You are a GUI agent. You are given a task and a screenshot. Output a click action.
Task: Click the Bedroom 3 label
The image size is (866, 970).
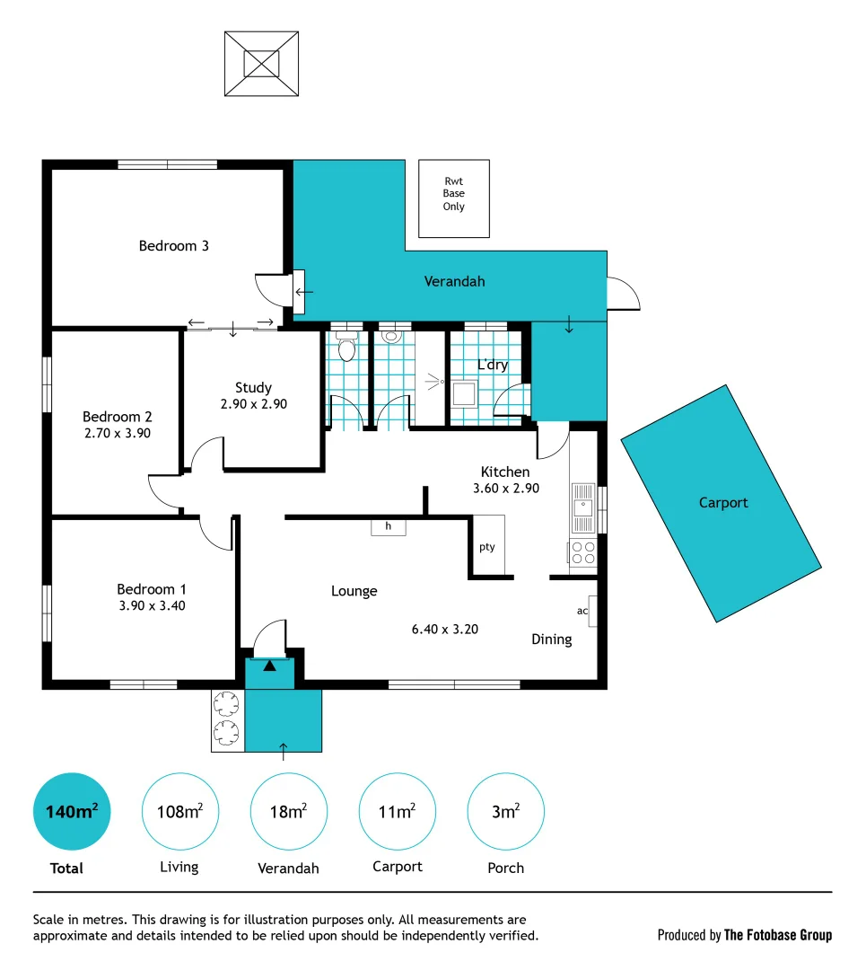(x=173, y=245)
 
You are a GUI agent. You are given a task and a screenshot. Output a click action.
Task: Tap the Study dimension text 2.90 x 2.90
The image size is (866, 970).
(x=253, y=404)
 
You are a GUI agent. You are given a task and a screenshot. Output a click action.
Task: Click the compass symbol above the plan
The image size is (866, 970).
(x=261, y=64)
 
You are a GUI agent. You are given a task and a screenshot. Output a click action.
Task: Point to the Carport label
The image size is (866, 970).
(x=722, y=503)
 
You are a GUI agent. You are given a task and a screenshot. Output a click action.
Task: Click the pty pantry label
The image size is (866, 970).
(x=486, y=546)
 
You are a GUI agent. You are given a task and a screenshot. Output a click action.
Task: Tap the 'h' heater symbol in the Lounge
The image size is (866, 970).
(x=388, y=526)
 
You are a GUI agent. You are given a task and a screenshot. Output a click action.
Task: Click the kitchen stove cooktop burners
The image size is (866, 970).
(x=583, y=552)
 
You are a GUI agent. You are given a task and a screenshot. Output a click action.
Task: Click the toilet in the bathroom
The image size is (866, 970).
(x=346, y=349)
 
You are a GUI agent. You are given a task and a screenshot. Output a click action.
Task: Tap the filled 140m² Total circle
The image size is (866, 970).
(x=71, y=812)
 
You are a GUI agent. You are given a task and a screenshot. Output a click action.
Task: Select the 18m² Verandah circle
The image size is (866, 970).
(x=288, y=812)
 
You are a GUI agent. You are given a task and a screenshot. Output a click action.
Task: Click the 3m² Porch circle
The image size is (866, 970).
(x=505, y=812)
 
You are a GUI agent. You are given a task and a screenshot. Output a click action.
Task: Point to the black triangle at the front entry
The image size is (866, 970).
(x=270, y=666)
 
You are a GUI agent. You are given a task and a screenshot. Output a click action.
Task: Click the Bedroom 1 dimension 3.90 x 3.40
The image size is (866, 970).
(x=151, y=605)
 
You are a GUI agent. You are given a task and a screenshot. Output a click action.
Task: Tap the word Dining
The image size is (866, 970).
(x=551, y=639)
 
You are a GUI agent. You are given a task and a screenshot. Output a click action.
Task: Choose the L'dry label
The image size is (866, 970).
(x=492, y=365)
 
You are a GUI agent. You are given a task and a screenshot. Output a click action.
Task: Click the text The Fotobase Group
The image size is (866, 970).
(x=778, y=935)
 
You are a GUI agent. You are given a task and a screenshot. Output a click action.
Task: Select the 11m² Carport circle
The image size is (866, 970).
(x=397, y=812)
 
